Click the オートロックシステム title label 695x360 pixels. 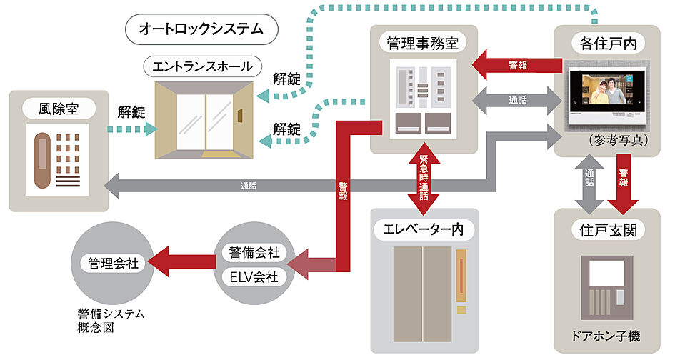click(x=201, y=29)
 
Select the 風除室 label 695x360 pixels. click(x=59, y=109)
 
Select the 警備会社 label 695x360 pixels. click(x=254, y=253)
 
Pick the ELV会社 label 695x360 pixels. click(x=254, y=276)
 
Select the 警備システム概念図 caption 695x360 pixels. click(x=110, y=320)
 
